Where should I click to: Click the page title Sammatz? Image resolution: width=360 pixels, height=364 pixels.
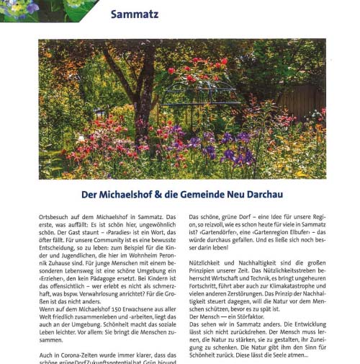coord(135,14)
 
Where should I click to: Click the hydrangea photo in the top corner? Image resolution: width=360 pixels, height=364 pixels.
coord(43,10)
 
